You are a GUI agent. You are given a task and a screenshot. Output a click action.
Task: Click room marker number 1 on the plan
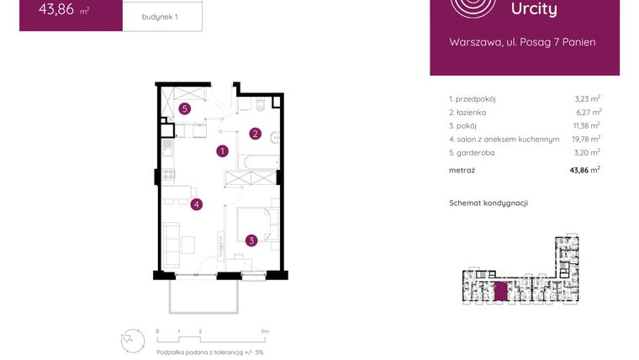[x=222, y=151]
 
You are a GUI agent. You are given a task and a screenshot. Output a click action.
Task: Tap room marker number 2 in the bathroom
[x=255, y=133]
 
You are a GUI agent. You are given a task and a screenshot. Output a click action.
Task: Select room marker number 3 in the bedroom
[x=251, y=241]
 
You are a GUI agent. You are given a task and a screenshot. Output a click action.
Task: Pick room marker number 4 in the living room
[x=196, y=204]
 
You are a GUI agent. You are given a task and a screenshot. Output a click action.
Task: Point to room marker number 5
[x=184, y=108]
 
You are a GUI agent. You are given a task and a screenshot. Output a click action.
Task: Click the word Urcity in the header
[x=534, y=9]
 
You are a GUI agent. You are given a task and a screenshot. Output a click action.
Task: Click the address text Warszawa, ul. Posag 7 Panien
[x=522, y=42]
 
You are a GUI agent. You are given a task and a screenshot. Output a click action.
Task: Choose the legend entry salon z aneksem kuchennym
[x=504, y=139]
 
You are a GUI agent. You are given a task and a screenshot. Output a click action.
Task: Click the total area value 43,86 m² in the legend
[x=584, y=169]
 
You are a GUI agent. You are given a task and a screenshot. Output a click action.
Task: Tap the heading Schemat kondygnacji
[x=488, y=203]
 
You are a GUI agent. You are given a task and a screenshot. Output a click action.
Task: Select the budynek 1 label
[x=161, y=17]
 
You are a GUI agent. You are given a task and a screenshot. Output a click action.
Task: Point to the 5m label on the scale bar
[x=265, y=331]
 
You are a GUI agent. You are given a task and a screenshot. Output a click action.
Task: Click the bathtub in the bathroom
[x=257, y=161]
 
